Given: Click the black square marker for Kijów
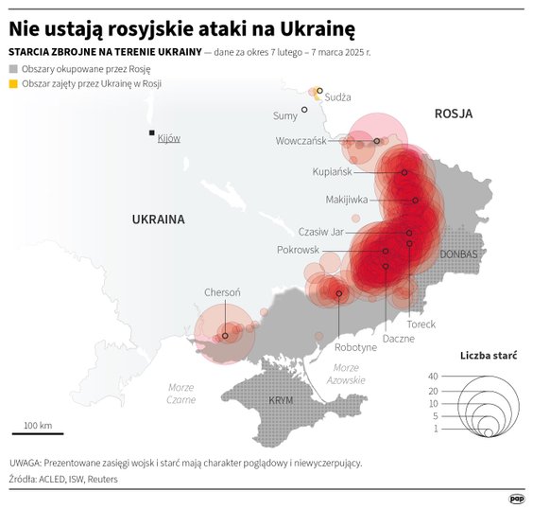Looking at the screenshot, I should point(149,133).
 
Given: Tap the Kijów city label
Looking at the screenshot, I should point(169,138).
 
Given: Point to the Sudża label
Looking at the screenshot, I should point(337,97).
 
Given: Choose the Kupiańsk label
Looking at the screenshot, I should point(331,172).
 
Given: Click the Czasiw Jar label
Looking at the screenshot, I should point(320,232).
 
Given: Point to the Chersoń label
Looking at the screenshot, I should point(223,293).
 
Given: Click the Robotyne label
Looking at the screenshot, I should point(355,347).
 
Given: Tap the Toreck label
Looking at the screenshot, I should point(421,324).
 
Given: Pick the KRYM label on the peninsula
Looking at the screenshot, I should point(281,401).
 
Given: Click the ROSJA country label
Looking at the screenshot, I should point(453,114).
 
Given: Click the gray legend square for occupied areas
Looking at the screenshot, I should point(12,70).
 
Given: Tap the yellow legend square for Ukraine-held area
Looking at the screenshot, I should point(12,85).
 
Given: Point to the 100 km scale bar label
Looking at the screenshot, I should point(38,424).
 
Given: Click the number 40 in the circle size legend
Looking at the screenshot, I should point(433,377).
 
